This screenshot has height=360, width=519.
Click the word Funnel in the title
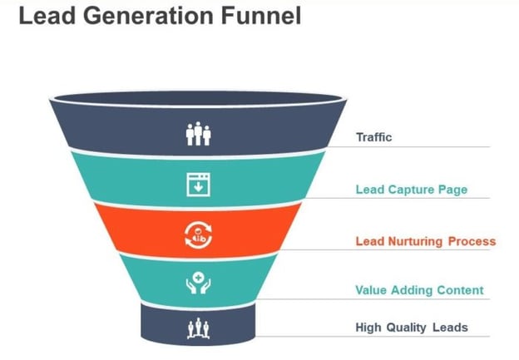tap(261, 16)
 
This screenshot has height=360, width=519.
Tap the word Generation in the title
tap(147, 16)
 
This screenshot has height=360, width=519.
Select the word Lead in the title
tap(47, 16)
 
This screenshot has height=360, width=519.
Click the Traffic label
tap(374, 137)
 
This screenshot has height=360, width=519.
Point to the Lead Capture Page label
tap(412, 190)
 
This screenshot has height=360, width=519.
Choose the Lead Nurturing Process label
tap(426, 241)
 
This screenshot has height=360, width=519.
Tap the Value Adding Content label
tap(419, 290)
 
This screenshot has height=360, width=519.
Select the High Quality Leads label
tap(412, 328)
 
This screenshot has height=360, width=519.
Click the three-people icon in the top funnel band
tap(198, 134)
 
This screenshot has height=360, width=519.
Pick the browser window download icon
tap(198, 185)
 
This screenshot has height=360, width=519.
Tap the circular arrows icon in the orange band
tap(198, 235)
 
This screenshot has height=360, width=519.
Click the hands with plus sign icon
tap(198, 283)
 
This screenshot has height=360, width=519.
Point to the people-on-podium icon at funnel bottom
tap(198, 328)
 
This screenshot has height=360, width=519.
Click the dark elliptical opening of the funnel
tap(198, 99)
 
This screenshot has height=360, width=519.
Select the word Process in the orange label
tap(472, 241)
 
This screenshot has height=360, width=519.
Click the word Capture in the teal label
tap(411, 190)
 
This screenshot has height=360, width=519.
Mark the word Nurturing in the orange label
tap(415, 241)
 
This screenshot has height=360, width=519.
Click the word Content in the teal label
tap(460, 290)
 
